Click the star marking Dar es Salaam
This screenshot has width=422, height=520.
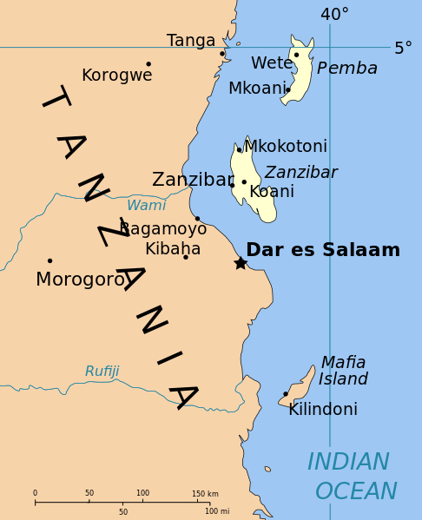(241, 263)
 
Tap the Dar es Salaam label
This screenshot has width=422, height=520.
(323, 250)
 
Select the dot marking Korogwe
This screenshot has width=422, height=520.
(148, 63)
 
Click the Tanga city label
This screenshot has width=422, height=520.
(191, 41)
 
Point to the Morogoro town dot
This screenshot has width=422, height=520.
(49, 260)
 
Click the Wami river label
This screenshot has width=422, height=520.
(146, 206)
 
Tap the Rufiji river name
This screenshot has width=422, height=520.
(102, 372)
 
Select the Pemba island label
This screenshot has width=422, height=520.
(347, 69)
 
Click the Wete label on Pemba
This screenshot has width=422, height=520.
(271, 63)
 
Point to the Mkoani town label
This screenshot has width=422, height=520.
(257, 89)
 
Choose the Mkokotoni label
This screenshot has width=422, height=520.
(286, 147)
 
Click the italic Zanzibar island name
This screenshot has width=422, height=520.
(301, 173)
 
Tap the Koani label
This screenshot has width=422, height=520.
(272, 192)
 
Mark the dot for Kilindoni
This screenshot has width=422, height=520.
(285, 394)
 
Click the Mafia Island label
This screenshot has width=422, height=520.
(343, 371)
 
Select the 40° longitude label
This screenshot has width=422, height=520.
(334, 15)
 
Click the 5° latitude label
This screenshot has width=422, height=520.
(403, 49)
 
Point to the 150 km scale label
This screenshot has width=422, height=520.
(205, 494)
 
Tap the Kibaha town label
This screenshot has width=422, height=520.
(173, 249)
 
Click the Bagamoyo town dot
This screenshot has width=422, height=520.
(197, 219)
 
